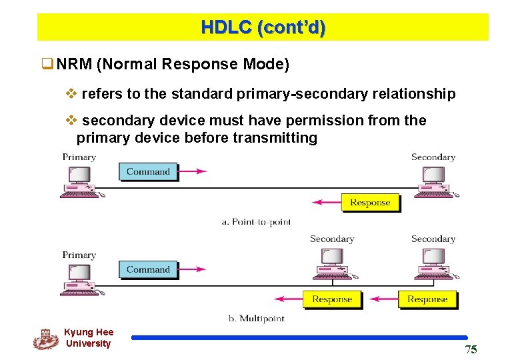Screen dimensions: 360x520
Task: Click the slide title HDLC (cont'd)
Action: [263, 27]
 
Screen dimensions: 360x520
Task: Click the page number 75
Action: [471, 350]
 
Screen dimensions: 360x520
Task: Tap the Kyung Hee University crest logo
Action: [45, 339]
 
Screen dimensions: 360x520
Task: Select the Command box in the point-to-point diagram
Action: [148, 171]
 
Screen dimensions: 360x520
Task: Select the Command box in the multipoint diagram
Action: [148, 269]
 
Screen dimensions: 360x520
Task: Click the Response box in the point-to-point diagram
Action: [370, 203]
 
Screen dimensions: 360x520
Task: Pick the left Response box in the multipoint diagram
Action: [331, 299]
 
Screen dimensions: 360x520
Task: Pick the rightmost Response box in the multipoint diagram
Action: [427, 299]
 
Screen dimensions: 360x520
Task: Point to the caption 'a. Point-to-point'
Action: [256, 221]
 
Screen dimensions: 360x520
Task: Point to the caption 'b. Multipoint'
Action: [256, 319]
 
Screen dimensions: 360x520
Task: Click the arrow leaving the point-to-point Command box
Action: [193, 171]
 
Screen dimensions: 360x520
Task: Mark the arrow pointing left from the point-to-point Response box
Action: [327, 203]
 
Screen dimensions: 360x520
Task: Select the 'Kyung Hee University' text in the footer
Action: [89, 338]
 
